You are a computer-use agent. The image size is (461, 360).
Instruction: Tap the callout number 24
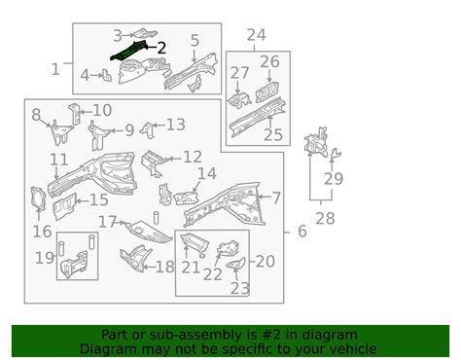[x=256, y=37]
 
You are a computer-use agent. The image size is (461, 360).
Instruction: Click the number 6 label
[x=301, y=233]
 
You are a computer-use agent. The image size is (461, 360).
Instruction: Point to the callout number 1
[x=54, y=69]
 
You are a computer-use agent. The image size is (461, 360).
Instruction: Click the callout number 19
[x=45, y=259]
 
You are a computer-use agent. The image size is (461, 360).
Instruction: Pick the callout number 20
[x=265, y=261]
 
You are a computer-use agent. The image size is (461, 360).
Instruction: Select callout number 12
[x=192, y=157]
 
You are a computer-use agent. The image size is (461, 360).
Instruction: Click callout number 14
[x=207, y=174]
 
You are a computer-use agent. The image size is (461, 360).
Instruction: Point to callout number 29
[x=334, y=179]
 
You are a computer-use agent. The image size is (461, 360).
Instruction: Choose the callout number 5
[x=195, y=40]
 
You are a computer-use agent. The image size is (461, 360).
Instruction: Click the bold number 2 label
[x=161, y=47]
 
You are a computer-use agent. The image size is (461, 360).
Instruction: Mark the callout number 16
[x=42, y=232]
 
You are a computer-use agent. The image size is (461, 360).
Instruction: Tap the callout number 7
[x=276, y=198]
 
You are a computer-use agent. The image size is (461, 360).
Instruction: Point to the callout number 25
[x=273, y=134]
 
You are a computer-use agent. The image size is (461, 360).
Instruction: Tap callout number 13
[x=175, y=125]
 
